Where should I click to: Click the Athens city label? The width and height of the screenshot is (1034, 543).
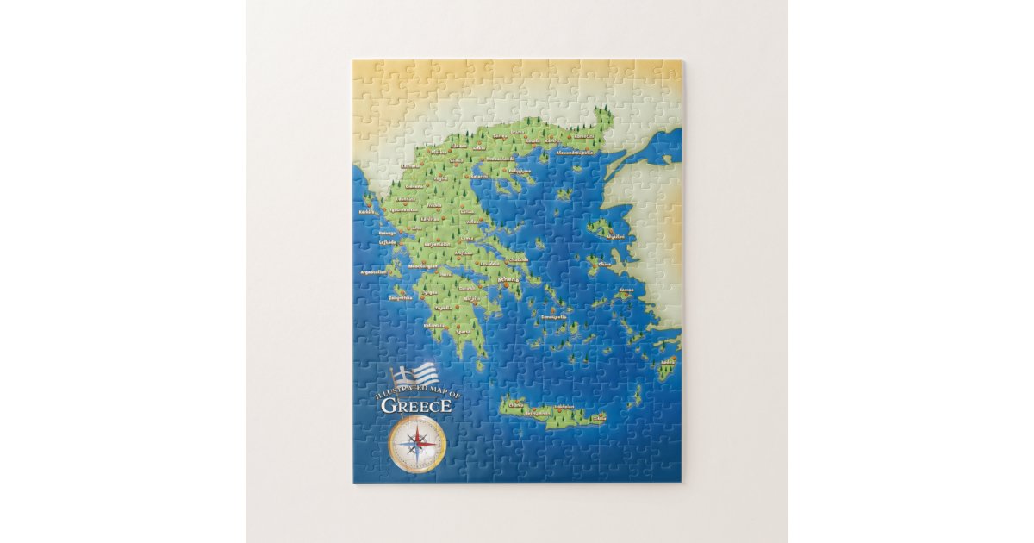click(509, 279)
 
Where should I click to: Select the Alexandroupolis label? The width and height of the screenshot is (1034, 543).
click(576, 152)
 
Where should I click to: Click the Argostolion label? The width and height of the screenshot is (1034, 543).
click(375, 271)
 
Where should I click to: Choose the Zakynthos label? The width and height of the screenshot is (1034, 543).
click(401, 297)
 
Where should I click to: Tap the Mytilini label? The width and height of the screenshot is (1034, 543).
click(616, 235)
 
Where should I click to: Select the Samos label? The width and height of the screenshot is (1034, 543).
click(626, 290)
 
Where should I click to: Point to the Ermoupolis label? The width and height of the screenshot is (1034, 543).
click(554, 316)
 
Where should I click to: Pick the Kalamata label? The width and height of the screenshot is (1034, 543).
click(436, 325)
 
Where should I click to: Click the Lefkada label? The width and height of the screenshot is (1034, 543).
click(388, 243)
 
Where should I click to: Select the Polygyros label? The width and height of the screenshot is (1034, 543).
click(520, 171)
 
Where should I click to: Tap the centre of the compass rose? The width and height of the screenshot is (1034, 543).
click(417, 443)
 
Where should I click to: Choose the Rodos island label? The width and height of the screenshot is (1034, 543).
click(669, 361)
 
